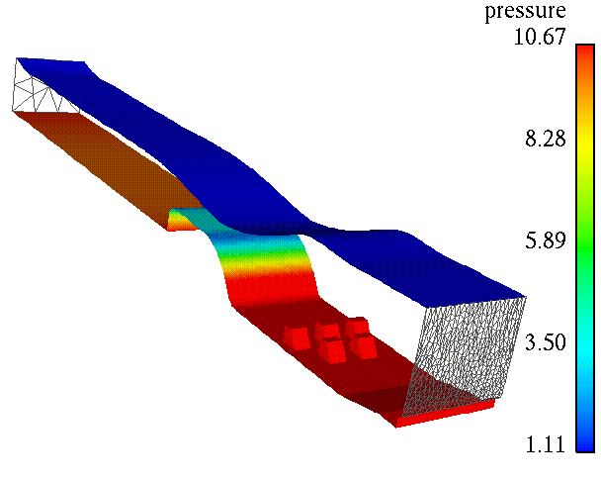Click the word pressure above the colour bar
(525, 12)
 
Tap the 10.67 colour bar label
(540, 37)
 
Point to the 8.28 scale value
(545, 139)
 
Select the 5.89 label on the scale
(545, 240)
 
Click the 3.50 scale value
(545, 342)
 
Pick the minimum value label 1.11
(545, 444)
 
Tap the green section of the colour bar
(585, 245)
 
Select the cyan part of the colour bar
(585, 345)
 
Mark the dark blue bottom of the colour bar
(585, 441)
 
